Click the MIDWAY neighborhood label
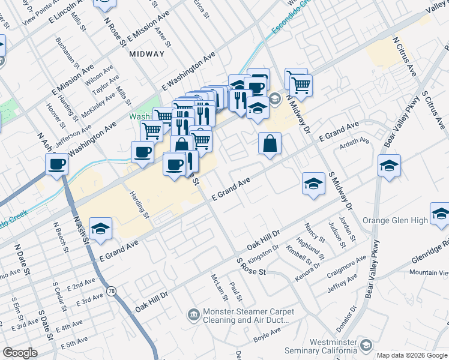(x=146, y=54)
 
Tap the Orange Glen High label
(x=399, y=220)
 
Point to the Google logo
(x=20, y=353)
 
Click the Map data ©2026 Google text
(x=412, y=355)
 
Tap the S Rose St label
(x=251, y=268)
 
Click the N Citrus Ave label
(x=404, y=57)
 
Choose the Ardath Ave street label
(x=354, y=141)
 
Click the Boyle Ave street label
(x=267, y=338)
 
